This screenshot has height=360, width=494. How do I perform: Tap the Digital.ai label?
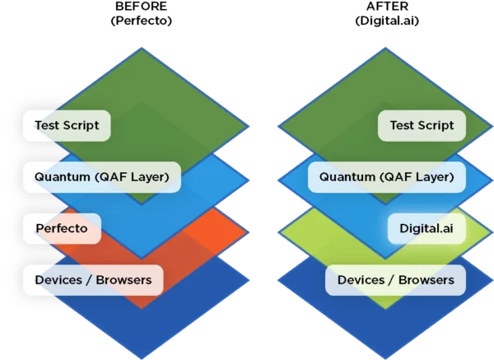point(426,227)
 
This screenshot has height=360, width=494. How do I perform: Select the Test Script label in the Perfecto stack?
point(67,126)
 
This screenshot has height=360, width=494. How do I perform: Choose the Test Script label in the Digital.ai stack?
point(422,126)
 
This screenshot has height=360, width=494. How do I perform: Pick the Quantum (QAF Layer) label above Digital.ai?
point(386,176)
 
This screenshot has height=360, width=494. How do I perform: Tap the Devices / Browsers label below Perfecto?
point(93,279)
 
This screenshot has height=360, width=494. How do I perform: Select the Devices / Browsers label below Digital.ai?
point(396,280)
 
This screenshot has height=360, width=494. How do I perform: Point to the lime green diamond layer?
point(329,235)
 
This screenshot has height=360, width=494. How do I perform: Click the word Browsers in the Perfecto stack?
point(123,279)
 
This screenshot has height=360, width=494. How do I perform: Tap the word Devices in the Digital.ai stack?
point(360,280)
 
